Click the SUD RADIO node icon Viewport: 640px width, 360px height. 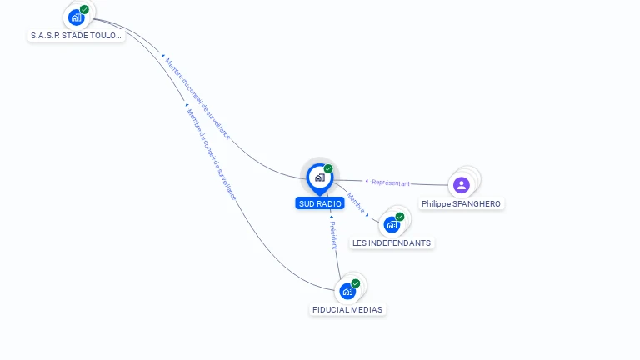click(x=319, y=177)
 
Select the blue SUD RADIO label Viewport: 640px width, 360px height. click(x=319, y=203)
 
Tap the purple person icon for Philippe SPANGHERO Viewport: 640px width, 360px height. click(x=462, y=184)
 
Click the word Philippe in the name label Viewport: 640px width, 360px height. click(x=434, y=204)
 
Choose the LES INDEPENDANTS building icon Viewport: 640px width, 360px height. click(x=392, y=224)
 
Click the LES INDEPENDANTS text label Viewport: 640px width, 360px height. click(x=392, y=243)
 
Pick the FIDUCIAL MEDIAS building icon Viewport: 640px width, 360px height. click(x=347, y=291)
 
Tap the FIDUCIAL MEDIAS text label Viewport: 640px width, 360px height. click(x=347, y=310)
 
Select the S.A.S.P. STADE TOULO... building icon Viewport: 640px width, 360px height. click(x=76, y=17)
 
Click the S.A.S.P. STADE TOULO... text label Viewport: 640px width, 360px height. click(x=76, y=36)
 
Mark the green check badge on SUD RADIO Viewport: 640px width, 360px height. click(x=328, y=169)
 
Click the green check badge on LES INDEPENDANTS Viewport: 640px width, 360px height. click(x=400, y=217)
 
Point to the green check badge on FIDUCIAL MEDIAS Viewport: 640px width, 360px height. click(x=356, y=283)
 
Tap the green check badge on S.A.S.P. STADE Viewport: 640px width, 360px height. click(x=84, y=10)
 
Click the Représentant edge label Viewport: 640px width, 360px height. click(x=390, y=182)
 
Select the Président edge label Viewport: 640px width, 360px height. click(x=332, y=235)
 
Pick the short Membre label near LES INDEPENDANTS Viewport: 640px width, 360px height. click(x=356, y=202)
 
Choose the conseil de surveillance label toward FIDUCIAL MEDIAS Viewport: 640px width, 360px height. click(x=211, y=154)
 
